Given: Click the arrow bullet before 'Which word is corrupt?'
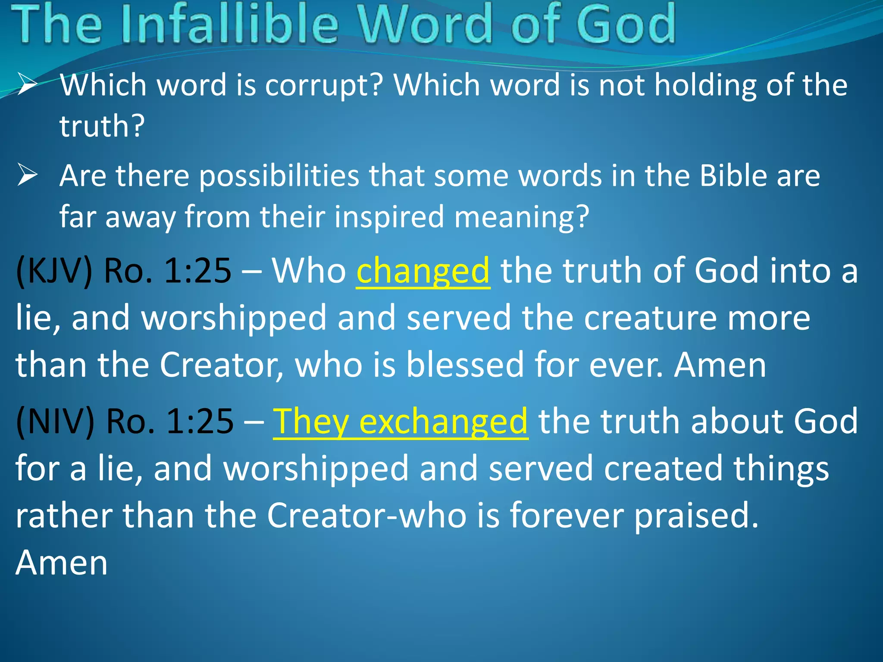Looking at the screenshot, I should point(28,84).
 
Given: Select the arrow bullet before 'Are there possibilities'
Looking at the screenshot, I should point(28,176).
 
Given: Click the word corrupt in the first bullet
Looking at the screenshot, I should point(324,85).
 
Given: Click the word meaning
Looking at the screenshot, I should point(522,217).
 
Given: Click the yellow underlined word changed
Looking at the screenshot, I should point(423,272).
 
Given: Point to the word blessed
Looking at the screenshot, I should point(465,365).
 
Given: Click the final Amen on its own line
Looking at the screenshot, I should point(62,563).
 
